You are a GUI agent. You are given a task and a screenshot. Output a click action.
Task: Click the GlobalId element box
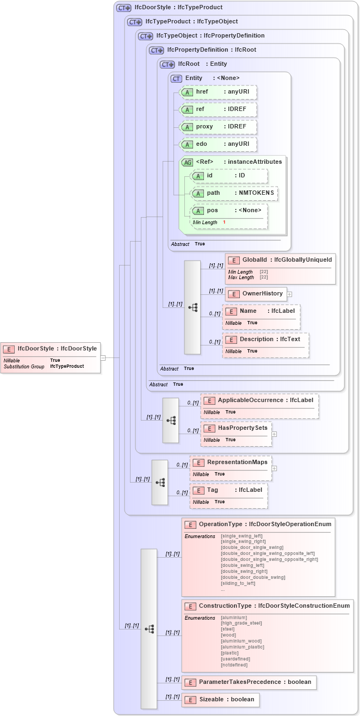[x=280, y=260]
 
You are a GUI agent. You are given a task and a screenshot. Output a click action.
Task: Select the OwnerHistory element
[x=256, y=294]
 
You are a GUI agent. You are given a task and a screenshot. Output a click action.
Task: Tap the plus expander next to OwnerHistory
[x=289, y=294]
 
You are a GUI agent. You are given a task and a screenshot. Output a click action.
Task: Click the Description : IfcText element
[x=265, y=339]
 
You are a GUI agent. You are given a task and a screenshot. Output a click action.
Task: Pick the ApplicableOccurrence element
[x=259, y=400]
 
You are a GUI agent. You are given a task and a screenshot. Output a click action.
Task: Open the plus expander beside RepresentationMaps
[x=275, y=468]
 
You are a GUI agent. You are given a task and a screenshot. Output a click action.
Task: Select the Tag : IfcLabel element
[x=228, y=490]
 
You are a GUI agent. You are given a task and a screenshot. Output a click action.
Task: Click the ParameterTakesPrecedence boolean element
[x=249, y=682]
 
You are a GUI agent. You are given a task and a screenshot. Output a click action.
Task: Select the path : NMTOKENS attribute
[x=234, y=193]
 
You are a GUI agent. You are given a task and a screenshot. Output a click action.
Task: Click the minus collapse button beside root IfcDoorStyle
[x=103, y=357]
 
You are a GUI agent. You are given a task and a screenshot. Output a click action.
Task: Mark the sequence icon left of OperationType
[x=149, y=628]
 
